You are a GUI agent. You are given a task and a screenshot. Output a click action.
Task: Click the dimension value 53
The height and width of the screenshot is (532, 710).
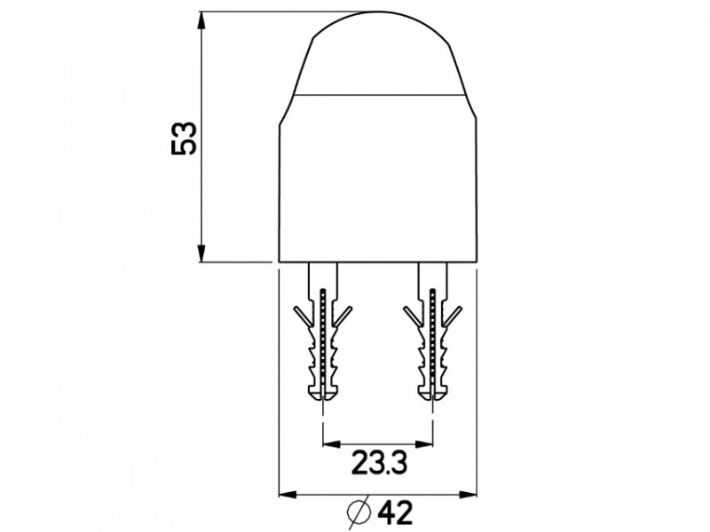[x=184, y=138]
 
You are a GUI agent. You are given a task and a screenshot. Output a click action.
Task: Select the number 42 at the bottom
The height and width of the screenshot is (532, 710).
[x=395, y=512]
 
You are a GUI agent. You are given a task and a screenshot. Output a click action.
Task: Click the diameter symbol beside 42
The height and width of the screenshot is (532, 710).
[x=359, y=512]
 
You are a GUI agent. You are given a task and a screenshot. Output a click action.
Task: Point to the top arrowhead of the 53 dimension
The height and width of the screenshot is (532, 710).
[x=202, y=20]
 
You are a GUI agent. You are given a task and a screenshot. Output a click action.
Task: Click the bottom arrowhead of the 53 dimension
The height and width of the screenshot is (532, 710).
[x=202, y=253]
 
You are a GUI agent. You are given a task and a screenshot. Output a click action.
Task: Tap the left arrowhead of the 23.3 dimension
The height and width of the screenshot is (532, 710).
[x=332, y=444]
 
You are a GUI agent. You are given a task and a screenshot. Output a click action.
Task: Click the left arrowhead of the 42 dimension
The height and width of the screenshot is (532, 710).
[x=288, y=494]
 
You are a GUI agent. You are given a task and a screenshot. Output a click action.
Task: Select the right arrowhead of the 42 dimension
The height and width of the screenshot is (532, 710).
[x=468, y=494]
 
